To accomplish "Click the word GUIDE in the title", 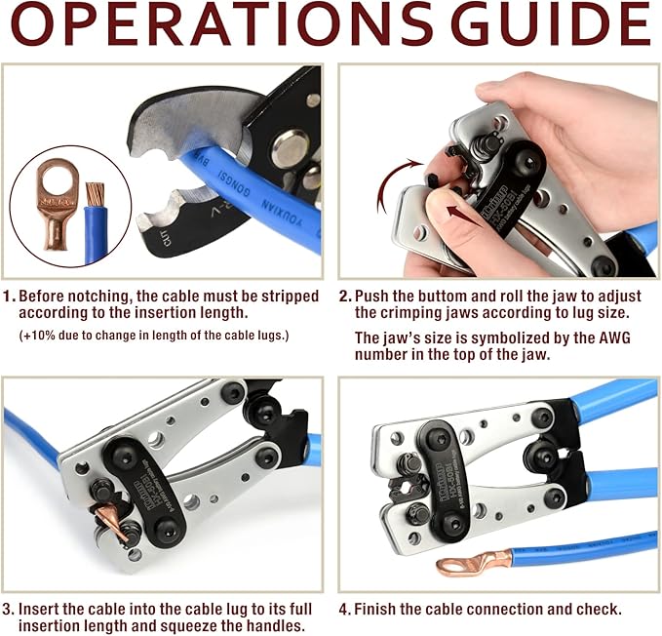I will tap(551, 26).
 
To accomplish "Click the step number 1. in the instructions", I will tap(10, 296).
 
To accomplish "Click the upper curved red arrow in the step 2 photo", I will tap(392, 176).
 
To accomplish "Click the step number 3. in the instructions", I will tap(10, 609).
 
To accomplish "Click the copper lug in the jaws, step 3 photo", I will tap(115, 528).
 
